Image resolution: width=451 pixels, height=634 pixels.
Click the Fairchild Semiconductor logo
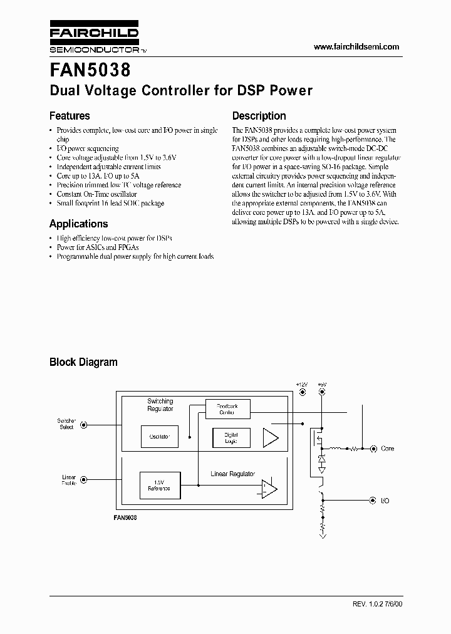(94, 39)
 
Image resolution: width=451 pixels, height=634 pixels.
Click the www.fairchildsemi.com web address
(356, 47)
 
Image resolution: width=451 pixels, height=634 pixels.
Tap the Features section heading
(70, 116)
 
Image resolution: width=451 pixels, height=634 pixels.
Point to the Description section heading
(259, 116)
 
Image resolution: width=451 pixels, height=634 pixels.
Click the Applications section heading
(78, 224)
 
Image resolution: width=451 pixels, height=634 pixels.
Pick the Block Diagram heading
(83, 362)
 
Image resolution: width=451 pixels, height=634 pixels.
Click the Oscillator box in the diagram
(160, 436)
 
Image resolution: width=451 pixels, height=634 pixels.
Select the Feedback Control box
(228, 409)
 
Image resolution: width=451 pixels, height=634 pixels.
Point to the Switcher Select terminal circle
(85, 424)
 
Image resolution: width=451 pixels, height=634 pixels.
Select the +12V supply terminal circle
(302, 392)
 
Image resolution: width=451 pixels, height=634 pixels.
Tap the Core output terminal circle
(373, 449)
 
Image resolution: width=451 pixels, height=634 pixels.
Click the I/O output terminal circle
(373, 501)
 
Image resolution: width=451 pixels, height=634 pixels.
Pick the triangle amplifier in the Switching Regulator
(269, 437)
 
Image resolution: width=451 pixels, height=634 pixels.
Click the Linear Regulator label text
(232, 474)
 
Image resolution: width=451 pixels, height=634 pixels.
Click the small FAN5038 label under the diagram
(125, 518)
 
